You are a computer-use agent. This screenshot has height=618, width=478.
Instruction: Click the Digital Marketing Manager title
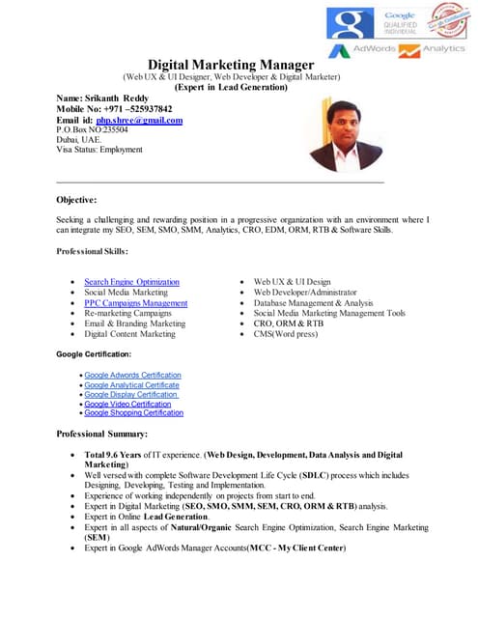231,64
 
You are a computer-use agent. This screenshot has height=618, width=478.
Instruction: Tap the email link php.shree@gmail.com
140,120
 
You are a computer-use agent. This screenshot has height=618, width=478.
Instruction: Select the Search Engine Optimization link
131,282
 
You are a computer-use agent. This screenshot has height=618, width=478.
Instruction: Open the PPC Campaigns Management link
135,303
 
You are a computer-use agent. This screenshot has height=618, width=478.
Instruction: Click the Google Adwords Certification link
132,375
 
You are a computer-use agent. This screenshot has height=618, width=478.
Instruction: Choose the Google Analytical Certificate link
131,384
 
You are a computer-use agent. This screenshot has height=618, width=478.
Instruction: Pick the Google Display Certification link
130,394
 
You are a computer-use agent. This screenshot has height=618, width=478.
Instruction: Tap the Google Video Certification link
127,404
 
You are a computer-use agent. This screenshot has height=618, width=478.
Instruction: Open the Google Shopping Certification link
133,412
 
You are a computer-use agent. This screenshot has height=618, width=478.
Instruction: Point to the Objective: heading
77,200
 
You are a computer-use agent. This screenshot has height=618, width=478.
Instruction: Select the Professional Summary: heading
101,435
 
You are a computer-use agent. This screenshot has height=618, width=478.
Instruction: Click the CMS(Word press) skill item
285,334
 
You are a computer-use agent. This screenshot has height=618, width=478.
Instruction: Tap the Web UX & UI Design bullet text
292,282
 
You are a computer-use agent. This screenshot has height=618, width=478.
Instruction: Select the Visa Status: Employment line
99,150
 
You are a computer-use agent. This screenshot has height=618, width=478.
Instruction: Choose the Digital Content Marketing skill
129,334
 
